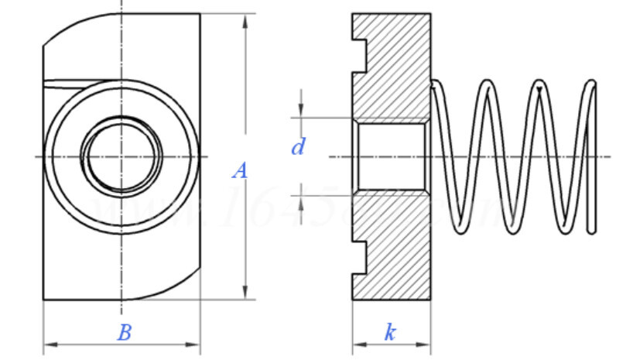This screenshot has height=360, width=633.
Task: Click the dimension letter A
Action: coord(240,171)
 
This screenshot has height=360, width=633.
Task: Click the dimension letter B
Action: coord(124,333)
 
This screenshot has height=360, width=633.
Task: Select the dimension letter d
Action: coord(298,146)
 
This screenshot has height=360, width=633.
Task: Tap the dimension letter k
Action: coord(391,333)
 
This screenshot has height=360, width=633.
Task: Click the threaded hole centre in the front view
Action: coord(121,156)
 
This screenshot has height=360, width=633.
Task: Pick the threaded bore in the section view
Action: coord(391,156)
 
